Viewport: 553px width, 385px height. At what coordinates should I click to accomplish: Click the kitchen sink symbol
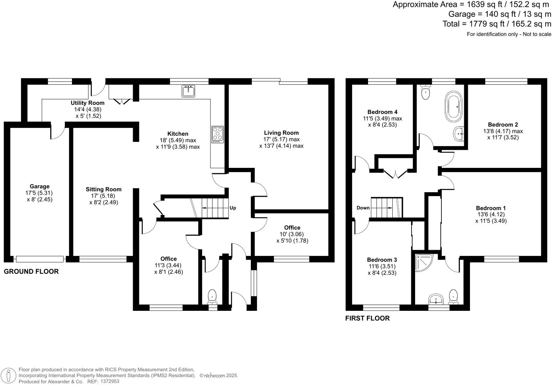click(188, 91)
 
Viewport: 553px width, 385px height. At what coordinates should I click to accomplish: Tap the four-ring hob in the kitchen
click(218, 135)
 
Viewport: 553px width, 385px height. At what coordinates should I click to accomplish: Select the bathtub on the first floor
click(454, 106)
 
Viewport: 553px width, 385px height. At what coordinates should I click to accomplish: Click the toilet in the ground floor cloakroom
click(212, 296)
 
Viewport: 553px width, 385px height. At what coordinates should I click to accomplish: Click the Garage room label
click(40, 186)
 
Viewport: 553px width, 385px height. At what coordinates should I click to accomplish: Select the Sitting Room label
click(104, 189)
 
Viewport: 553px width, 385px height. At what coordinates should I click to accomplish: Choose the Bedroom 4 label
click(382, 112)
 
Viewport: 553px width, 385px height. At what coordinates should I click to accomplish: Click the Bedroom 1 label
click(491, 208)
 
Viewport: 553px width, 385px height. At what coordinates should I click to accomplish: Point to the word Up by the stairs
click(233, 208)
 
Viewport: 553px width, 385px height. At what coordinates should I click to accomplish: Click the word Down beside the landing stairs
click(363, 208)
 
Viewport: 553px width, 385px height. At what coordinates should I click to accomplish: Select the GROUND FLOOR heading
click(31, 272)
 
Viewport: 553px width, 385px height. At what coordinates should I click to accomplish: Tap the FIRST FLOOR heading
click(367, 318)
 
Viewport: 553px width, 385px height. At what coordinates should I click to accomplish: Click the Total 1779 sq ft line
click(497, 24)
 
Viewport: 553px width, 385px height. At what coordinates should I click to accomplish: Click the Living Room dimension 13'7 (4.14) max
click(281, 146)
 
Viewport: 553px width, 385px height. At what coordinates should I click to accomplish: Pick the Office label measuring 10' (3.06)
click(292, 228)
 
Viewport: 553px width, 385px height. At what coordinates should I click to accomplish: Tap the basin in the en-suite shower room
click(435, 299)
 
